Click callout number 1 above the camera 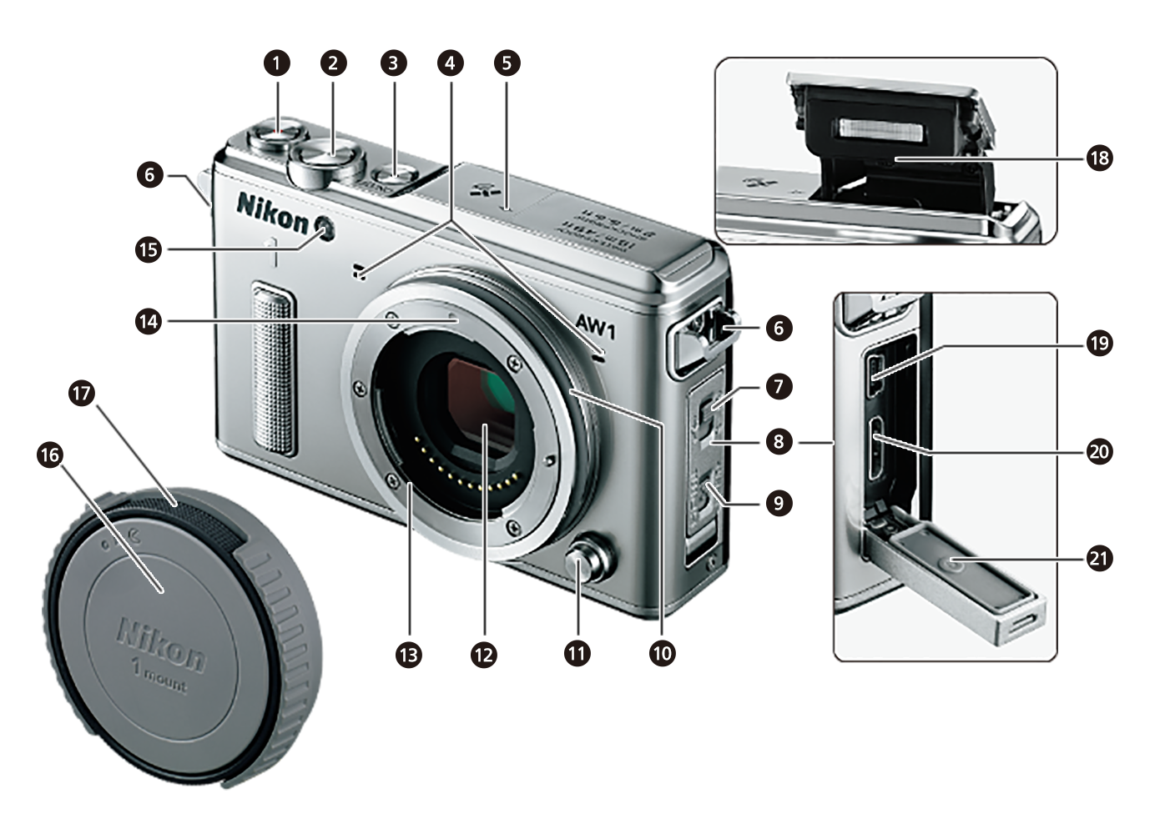tap(276, 63)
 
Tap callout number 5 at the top tap(507, 63)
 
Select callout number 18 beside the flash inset tap(1099, 158)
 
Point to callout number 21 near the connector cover tap(1099, 558)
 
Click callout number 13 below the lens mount tap(408, 655)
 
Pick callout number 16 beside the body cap tap(50, 455)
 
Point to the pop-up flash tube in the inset tap(882, 128)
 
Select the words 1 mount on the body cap tap(159, 676)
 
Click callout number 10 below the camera tap(662, 653)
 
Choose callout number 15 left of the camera tap(148, 249)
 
